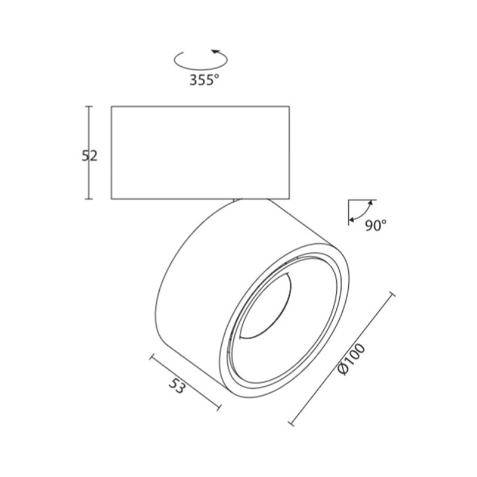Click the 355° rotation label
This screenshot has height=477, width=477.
[204, 80]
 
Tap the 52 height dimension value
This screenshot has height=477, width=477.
[89, 156]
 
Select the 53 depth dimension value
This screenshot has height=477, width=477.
[176, 386]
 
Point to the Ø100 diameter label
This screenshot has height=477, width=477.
[351, 359]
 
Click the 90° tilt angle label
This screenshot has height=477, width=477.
[376, 225]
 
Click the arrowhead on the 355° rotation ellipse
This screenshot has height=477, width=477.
[216, 51]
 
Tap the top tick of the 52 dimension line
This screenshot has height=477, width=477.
[88, 107]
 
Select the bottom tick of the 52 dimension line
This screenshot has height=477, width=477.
[88, 199]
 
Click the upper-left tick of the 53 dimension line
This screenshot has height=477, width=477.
[151, 357]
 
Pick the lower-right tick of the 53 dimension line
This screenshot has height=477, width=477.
[219, 407]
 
